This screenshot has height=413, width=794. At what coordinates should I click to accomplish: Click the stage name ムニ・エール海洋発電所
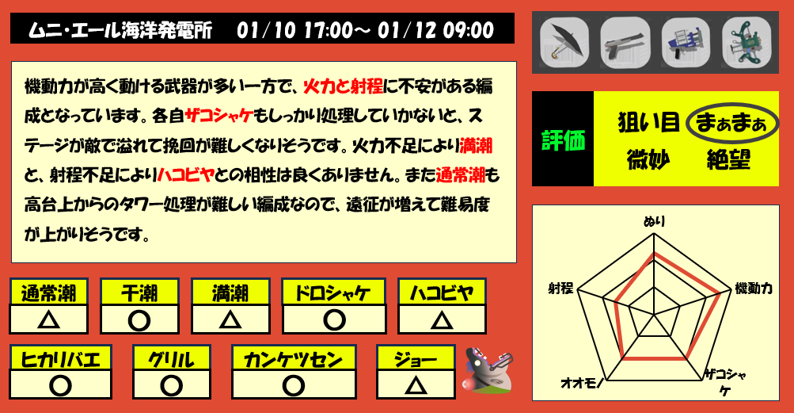tap(120, 31)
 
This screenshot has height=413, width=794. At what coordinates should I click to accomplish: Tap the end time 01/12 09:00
tap(436, 31)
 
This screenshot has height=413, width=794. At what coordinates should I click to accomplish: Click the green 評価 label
tap(563, 140)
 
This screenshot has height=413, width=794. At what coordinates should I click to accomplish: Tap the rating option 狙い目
tap(648, 123)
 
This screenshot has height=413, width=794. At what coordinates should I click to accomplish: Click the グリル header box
tap(172, 359)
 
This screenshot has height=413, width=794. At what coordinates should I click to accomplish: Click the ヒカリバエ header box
tap(61, 359)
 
